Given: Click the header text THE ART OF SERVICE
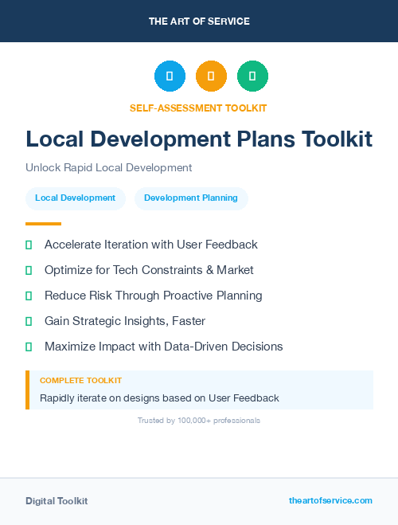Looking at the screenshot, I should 199,22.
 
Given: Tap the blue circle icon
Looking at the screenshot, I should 170,76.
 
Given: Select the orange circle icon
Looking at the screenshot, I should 211,76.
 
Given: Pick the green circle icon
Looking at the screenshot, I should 252,76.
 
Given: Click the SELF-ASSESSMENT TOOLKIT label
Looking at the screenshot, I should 198,108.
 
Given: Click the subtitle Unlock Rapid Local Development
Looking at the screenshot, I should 108,168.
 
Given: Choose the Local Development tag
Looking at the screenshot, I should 76,198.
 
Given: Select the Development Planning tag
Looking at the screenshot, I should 191,198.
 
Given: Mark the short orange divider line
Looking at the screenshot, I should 43,224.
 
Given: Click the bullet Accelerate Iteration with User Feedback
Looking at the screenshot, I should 150,245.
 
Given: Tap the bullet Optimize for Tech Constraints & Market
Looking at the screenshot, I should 149,270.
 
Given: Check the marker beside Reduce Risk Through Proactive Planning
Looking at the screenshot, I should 29,296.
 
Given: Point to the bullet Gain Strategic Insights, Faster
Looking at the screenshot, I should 124,321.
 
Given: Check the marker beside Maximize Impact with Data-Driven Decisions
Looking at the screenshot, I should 29,347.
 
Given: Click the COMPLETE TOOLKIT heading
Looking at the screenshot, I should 80,381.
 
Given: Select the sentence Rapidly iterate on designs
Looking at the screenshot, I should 159,398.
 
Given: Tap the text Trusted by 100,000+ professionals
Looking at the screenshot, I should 198,420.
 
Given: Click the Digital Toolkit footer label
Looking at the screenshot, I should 57,501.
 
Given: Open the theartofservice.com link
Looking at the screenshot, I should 330,500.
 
